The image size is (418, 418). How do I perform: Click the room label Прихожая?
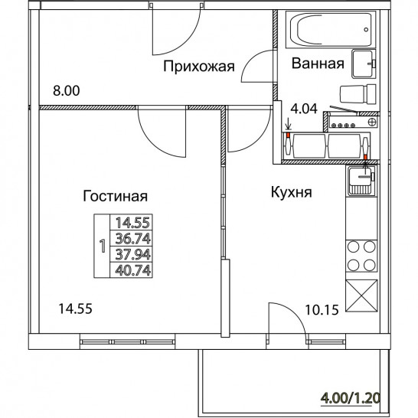(199, 66)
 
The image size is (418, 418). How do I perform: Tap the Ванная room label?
(318, 64)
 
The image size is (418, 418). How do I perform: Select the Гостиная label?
(115, 196)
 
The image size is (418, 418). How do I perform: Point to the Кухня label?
(292, 192)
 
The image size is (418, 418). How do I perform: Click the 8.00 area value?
(67, 90)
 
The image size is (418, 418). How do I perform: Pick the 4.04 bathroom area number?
(304, 109)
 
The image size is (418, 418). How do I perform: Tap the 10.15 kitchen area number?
(322, 310)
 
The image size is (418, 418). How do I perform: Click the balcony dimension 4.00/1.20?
(350, 399)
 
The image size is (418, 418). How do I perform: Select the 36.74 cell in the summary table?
(132, 238)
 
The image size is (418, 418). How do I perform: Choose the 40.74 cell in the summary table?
(132, 270)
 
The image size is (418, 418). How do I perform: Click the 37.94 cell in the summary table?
(132, 254)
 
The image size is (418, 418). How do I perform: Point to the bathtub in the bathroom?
(331, 29)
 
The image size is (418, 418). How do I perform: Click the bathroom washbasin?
(364, 64)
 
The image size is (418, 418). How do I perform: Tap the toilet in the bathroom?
(358, 94)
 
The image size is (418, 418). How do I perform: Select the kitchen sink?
(362, 181)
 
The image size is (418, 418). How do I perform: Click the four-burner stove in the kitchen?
(361, 256)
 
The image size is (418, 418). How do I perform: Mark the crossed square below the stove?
(361, 296)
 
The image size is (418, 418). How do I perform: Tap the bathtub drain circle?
(366, 30)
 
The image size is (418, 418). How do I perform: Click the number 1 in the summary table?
(102, 246)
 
